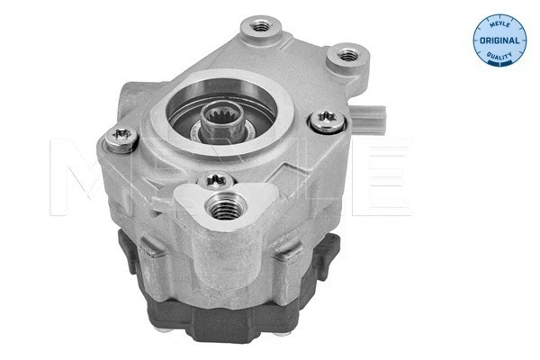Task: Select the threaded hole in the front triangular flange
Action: [x=220, y=211]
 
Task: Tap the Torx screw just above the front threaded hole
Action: [x=217, y=180]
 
